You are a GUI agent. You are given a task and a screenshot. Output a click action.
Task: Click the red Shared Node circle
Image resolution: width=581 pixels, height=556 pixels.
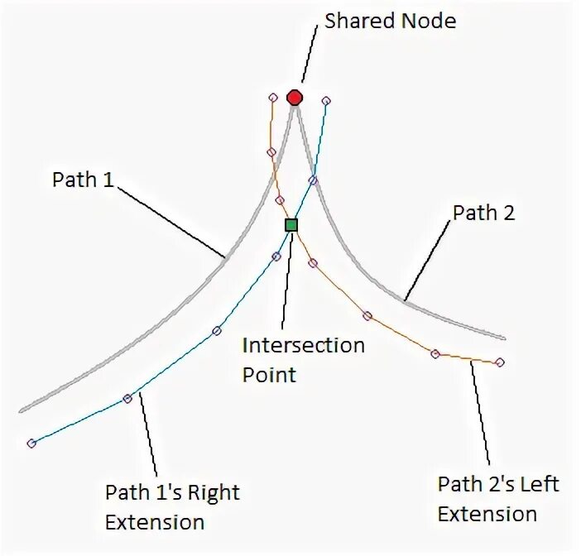coord(295,98)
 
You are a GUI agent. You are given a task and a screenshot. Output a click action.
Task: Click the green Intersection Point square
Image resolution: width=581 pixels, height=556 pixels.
coord(290,224)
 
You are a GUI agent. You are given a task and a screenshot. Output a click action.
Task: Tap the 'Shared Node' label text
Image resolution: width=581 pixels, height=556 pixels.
coord(390,21)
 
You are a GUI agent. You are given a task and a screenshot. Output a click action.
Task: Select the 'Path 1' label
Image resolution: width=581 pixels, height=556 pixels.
coord(83,180)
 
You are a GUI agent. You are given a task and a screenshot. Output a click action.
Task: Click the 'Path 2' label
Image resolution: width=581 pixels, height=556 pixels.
coord(484,213)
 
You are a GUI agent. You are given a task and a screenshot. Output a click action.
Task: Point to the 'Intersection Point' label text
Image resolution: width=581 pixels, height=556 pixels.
coord(303,359)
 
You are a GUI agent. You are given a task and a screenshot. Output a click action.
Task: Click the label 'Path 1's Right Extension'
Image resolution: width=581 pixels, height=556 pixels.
coord(171,507)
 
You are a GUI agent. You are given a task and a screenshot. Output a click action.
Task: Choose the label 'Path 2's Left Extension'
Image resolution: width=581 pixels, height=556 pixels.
coord(497,498)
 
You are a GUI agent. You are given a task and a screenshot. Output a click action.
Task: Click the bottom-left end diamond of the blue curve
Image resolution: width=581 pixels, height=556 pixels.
coord(31,443)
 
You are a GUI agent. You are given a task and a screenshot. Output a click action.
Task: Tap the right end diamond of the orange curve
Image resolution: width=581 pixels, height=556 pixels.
coord(500,362)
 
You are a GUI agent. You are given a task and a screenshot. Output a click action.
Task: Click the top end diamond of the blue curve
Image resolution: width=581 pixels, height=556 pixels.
coord(326,100)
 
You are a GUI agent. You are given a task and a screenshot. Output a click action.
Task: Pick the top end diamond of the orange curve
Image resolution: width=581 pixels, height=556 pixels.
coord(273,98)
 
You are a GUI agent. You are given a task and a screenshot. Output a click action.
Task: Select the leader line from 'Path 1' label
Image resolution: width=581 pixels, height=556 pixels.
coord(172,219)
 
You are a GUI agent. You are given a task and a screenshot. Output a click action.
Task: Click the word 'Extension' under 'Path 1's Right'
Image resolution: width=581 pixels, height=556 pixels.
coord(155,522)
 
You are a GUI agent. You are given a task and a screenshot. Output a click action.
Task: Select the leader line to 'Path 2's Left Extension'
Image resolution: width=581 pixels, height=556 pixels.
coord(481,414)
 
